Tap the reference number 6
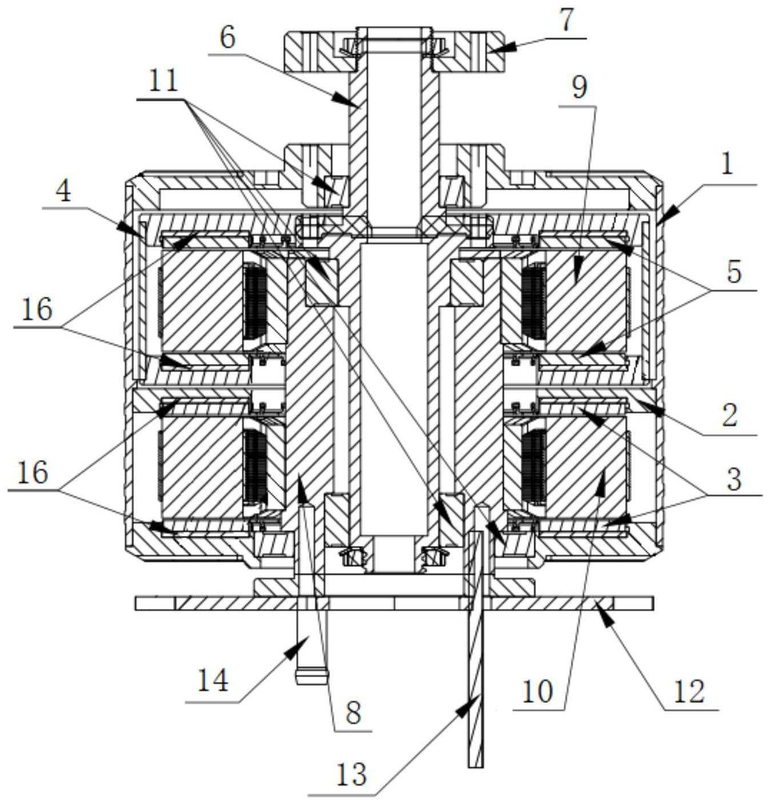click(x=228, y=38)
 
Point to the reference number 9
click(x=580, y=88)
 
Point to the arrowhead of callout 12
click(x=599, y=619)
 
